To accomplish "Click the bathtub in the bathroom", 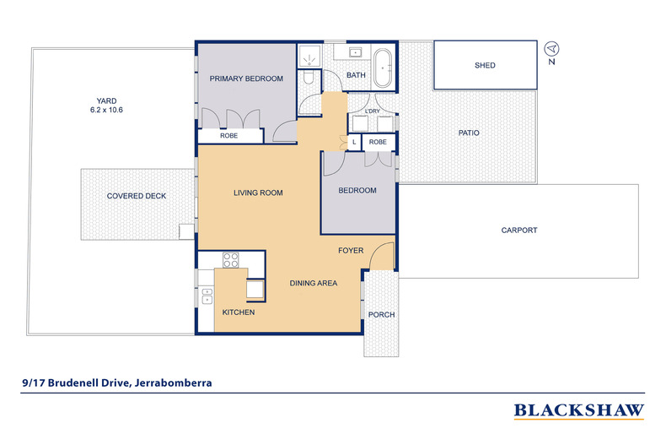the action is coord(384,68).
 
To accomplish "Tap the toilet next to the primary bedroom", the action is coord(309,77).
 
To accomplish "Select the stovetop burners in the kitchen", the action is coord(231,260).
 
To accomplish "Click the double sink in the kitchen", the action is coord(207,296).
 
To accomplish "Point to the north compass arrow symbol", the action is coord(551,48).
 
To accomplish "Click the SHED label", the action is coord(485,65).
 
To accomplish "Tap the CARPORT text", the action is coord(519,231).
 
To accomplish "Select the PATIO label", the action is coord(469,133).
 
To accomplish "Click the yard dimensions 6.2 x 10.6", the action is coord(106,110).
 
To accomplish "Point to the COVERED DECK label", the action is coord(137,196).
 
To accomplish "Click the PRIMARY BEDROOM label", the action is coord(246,79).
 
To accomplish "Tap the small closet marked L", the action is coord(354,142).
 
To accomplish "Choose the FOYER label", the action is coord(351,251).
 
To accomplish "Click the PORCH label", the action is coord(381,314).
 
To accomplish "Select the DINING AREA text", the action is coord(314,283).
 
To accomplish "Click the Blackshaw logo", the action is coord(579,410).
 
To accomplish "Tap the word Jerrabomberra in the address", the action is coord(174,383).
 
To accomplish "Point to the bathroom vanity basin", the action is coord(355,52).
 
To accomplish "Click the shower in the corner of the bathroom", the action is coord(309,56).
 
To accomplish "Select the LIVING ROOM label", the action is coord(258,193).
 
